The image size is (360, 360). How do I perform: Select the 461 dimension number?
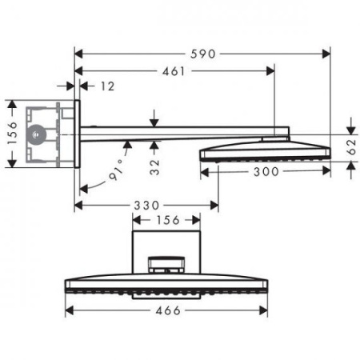click(x=171, y=71)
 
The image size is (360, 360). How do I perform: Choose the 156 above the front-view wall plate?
click(x=166, y=219)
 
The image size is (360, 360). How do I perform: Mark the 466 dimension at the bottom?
click(x=166, y=310)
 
